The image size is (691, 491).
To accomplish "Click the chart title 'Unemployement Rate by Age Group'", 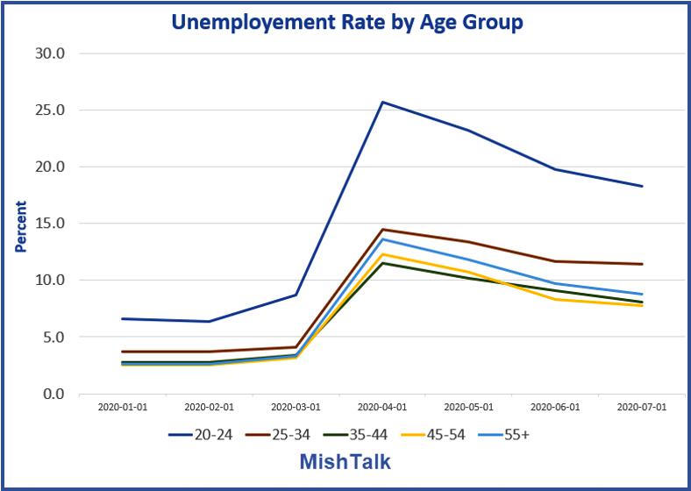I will click(x=348, y=22).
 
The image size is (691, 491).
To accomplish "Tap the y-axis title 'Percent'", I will click(x=21, y=226).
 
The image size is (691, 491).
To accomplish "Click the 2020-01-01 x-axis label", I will click(x=123, y=407).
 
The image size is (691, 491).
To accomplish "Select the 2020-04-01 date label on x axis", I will click(x=382, y=407).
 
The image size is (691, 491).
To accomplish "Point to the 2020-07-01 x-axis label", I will click(x=642, y=407).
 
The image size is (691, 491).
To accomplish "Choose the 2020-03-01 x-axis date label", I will click(x=296, y=407).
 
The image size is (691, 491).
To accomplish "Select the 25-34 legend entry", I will click(x=280, y=433).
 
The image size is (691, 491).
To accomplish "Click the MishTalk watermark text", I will click(x=345, y=461).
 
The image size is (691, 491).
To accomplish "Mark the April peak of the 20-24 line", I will click(x=382, y=103).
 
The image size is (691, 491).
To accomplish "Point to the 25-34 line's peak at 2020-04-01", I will click(x=382, y=230).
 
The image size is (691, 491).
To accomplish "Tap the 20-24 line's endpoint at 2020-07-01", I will click(x=642, y=186).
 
